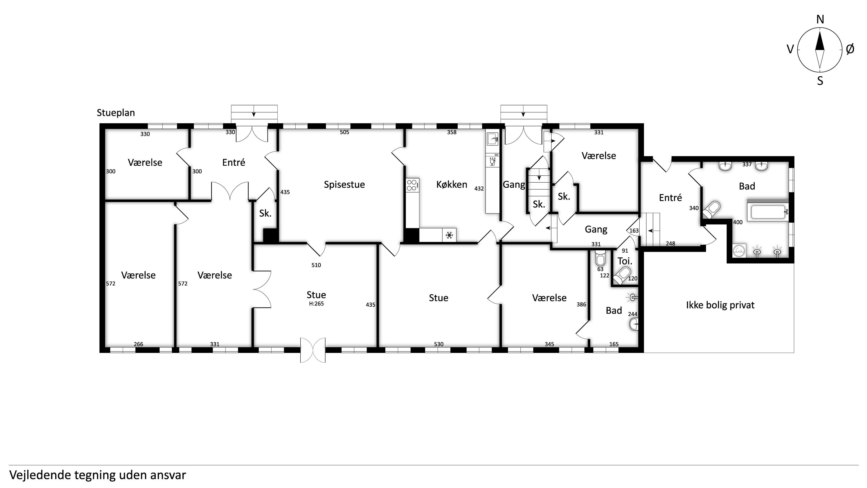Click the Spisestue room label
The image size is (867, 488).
click(344, 185)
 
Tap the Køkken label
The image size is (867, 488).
click(452, 185)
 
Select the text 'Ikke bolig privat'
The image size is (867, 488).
click(720, 305)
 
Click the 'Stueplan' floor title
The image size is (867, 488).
click(116, 113)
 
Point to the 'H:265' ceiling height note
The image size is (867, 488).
click(316, 303)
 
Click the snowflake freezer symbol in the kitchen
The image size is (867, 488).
click(449, 235)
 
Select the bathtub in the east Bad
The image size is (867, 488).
click(767, 212)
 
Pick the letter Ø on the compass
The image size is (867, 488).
click(850, 49)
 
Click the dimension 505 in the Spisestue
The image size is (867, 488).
click(344, 132)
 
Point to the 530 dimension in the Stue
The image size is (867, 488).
click(438, 344)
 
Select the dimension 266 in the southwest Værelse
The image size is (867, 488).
click(138, 344)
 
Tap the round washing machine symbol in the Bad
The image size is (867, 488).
click(739, 251)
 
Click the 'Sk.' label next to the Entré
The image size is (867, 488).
click(265, 213)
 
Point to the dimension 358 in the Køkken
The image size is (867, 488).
click(452, 132)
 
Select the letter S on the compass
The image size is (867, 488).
click(820, 81)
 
